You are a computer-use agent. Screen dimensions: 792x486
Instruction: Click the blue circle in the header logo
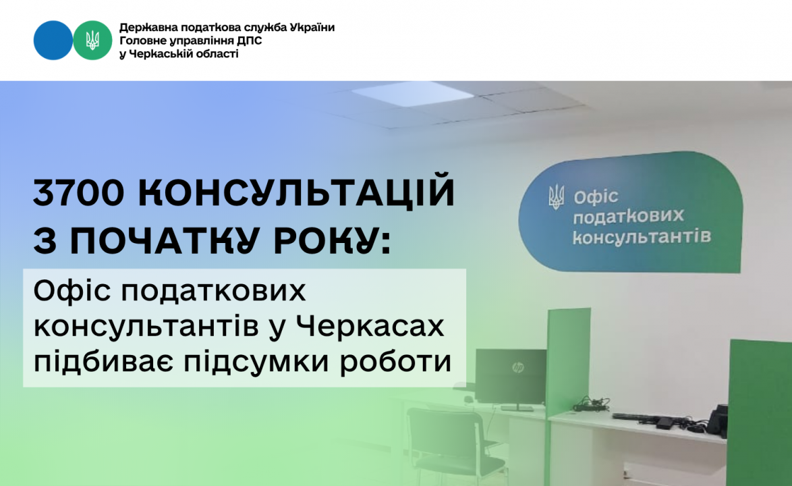click(53, 40)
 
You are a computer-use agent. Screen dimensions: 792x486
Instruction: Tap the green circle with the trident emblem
click(92, 40)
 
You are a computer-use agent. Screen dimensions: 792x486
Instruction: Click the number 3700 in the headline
click(78, 192)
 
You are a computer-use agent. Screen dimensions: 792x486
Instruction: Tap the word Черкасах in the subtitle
click(370, 326)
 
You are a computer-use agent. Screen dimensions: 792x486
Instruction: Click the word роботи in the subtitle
click(395, 362)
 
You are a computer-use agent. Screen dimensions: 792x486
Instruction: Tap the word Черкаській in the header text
click(160, 53)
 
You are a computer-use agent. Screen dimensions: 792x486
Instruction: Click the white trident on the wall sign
click(557, 197)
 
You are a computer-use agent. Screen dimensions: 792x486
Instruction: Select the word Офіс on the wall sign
click(596, 197)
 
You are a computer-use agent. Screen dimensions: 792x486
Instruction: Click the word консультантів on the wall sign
click(642, 236)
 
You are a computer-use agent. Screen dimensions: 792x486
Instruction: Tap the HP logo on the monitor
click(517, 367)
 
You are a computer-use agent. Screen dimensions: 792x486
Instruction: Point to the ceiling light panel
click(413, 93)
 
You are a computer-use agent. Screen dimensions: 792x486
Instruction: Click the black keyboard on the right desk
click(635, 418)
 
